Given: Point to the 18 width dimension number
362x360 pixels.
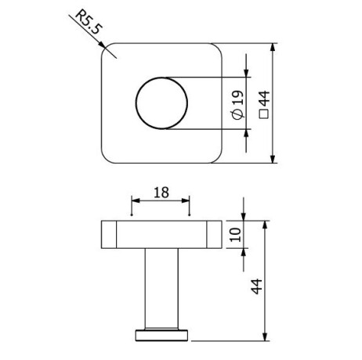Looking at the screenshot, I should pos(160,192).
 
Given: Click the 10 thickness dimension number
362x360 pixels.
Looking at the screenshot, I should pos(233,234).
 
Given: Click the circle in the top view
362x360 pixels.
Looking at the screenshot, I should pos(161,103).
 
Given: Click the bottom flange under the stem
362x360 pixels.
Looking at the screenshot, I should pos(161,335).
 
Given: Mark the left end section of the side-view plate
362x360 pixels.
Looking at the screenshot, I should pos(110,234).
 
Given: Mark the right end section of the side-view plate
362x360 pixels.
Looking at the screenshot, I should pos(213,234).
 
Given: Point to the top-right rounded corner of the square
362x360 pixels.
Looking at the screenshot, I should pos(213,49).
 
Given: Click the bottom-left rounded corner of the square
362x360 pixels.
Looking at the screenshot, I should pos(109,157).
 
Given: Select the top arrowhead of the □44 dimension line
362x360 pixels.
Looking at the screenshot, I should pos(273,47).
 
